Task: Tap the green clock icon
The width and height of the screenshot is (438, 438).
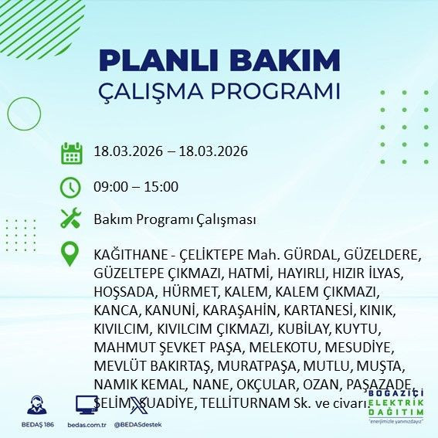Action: (x=71, y=187)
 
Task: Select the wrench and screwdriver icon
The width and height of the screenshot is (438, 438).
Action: (x=71, y=219)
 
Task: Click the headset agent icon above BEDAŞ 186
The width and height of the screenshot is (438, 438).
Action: (x=35, y=405)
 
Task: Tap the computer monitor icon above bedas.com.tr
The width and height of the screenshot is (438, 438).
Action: (x=86, y=405)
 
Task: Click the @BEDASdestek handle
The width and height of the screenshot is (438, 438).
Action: (x=137, y=424)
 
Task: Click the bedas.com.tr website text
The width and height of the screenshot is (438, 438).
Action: (x=87, y=424)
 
